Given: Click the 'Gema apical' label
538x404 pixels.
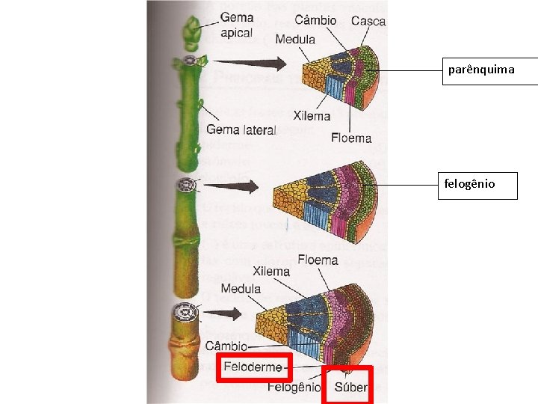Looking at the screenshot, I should click(x=236, y=25).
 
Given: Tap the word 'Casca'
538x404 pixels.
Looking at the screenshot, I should click(x=368, y=21).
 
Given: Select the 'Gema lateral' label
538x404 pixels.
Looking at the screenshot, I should click(x=241, y=129).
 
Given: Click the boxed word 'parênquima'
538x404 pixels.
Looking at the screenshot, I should click(x=481, y=70).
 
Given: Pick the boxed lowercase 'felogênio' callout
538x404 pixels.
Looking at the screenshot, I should click(x=469, y=183).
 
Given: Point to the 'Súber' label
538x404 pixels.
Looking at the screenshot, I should click(x=350, y=388).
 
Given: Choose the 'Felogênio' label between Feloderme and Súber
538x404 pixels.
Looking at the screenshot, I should click(x=293, y=388).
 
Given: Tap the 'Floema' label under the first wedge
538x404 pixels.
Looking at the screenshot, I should click(x=351, y=138).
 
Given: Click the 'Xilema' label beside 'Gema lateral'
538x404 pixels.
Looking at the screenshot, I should click(x=312, y=116).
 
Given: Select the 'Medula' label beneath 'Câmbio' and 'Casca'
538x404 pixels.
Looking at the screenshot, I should click(x=294, y=39).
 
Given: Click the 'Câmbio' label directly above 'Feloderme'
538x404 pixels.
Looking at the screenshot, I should click(x=225, y=346).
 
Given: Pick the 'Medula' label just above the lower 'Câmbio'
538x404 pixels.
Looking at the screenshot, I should click(x=241, y=289).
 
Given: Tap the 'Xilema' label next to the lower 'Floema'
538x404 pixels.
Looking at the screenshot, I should click(x=272, y=272).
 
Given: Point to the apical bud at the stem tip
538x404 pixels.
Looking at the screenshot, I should click(x=191, y=31).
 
